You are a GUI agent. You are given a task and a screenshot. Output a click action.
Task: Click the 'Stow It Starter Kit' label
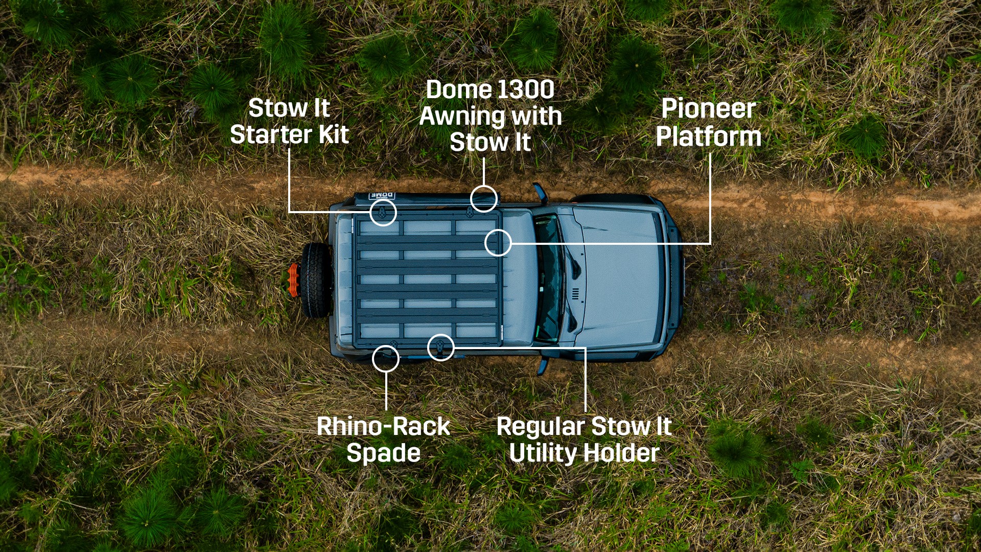289,122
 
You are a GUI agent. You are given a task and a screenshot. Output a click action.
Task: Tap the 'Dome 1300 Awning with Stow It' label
491,116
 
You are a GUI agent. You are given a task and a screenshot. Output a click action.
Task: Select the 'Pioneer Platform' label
709,123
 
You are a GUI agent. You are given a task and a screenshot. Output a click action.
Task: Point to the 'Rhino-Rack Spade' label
383,440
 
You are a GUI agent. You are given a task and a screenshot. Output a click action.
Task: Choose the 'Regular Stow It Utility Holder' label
584,440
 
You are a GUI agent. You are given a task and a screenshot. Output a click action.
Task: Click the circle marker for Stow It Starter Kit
383,199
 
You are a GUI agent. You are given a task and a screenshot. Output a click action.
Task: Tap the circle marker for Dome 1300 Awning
484,186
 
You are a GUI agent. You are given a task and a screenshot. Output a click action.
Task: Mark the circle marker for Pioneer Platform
498,229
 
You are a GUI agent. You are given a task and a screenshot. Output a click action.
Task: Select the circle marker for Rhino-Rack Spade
386,346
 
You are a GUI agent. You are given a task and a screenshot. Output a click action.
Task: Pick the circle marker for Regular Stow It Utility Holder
441,335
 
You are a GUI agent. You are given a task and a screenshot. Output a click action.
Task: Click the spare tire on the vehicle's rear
315,280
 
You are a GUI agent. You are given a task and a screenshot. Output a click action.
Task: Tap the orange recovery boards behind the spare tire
293,280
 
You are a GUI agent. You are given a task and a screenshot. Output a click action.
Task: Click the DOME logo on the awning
382,196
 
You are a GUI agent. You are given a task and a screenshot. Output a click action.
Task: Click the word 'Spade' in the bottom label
383,453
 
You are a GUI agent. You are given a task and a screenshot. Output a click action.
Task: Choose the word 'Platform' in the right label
709,136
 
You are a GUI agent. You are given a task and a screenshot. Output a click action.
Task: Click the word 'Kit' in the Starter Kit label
334,134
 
